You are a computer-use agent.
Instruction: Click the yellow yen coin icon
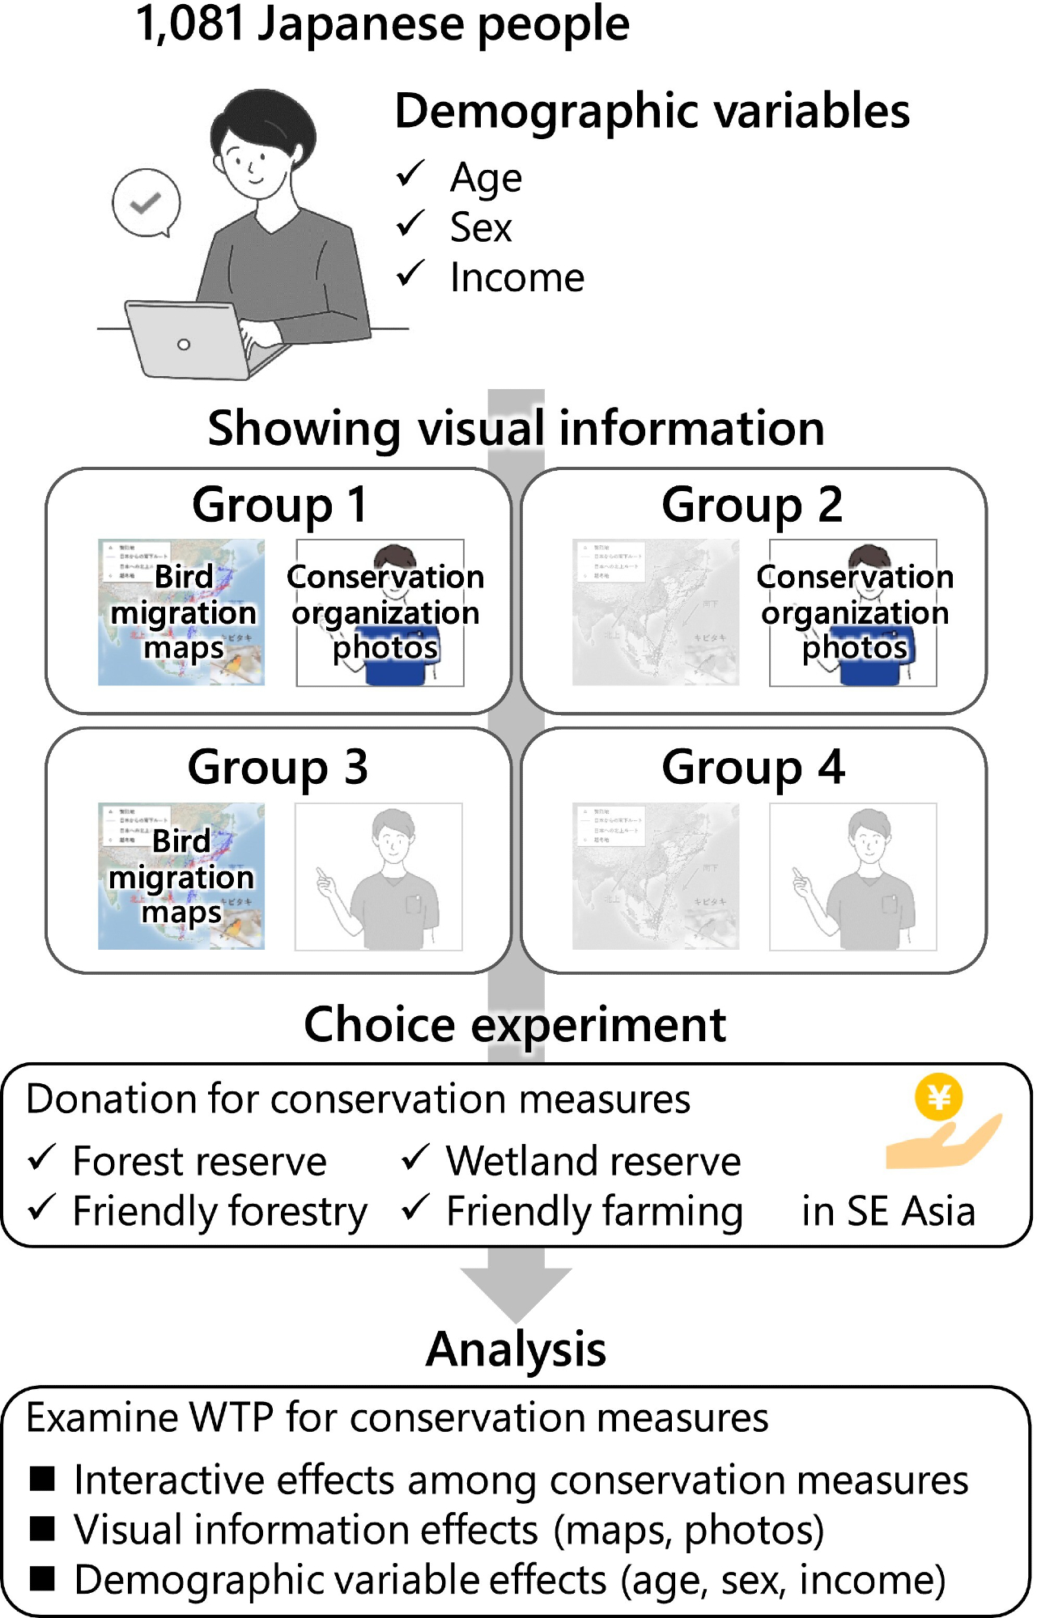(938, 1097)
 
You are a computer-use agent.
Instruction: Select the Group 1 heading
(279, 505)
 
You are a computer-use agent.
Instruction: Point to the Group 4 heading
(753, 767)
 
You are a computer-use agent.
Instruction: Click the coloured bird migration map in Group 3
(181, 876)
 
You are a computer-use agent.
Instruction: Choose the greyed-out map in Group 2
(655, 612)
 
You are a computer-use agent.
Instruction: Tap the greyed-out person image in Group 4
(853, 876)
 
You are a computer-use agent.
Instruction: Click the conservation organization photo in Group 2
(853, 612)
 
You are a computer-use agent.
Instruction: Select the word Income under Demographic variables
(516, 278)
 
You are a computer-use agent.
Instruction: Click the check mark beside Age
(411, 174)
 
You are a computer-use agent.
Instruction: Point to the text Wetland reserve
(593, 1161)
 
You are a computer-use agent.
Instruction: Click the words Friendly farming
(594, 1212)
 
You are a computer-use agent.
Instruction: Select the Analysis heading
(516, 1349)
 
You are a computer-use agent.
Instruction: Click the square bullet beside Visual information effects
(42, 1528)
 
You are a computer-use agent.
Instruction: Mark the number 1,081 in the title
(190, 24)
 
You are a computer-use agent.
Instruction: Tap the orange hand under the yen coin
(943, 1144)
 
